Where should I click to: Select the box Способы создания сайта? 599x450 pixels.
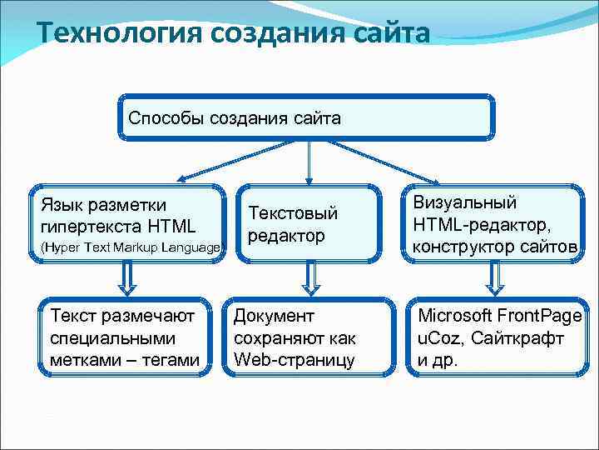pos(306,117)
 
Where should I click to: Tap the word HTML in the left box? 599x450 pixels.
pos(171,226)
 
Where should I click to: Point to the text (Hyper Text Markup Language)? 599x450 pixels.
pos(131,247)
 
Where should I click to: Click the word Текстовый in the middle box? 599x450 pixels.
pos(294,214)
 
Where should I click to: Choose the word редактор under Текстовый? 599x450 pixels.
pos(286,236)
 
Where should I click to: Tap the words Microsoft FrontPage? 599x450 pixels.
pos(498,317)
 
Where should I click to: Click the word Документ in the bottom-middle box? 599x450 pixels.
pos(274,317)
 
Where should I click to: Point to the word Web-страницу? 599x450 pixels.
pos(295,360)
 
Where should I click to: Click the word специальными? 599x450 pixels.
pos(111,339)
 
